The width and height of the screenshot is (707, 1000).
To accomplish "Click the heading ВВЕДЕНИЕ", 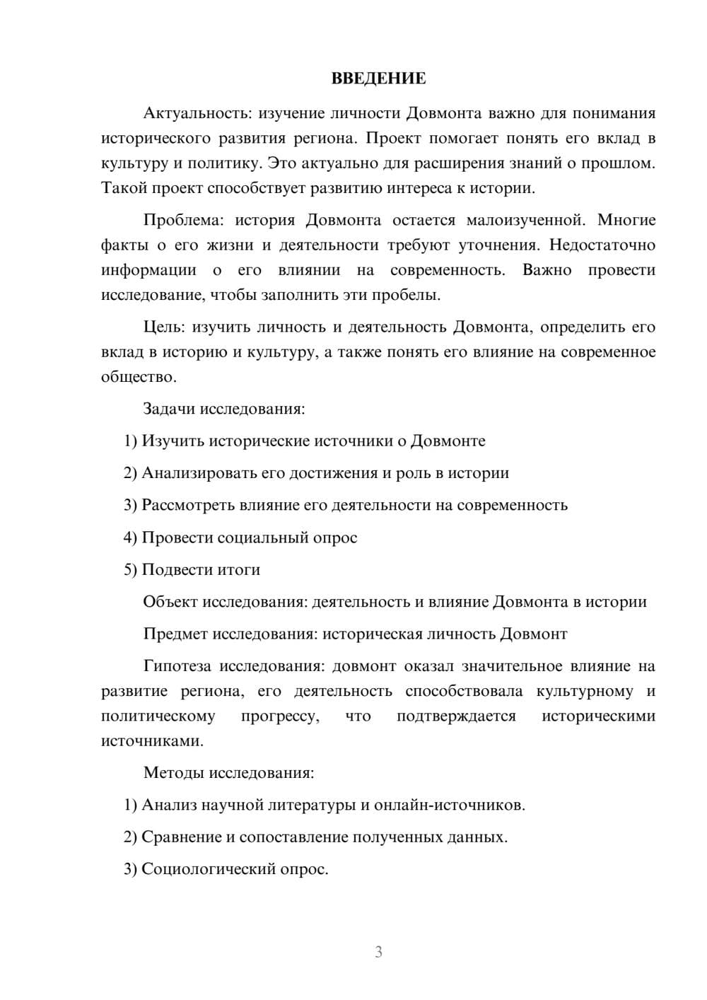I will [x=378, y=79].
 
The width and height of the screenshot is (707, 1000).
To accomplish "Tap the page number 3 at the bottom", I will [x=378, y=952].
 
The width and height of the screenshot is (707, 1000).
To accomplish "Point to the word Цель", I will [x=164, y=327].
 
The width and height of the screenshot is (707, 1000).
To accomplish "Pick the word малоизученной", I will [x=525, y=220].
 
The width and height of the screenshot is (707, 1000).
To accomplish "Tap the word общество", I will [x=138, y=377].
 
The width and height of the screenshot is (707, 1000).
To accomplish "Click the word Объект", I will [x=170, y=602].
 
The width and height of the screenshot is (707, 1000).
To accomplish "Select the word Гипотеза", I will [x=178, y=666].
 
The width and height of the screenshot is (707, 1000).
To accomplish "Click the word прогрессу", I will [x=280, y=716].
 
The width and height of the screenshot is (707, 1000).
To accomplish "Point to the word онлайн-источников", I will [x=449, y=805].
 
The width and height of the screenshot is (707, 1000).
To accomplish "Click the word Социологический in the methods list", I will [x=213, y=869].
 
